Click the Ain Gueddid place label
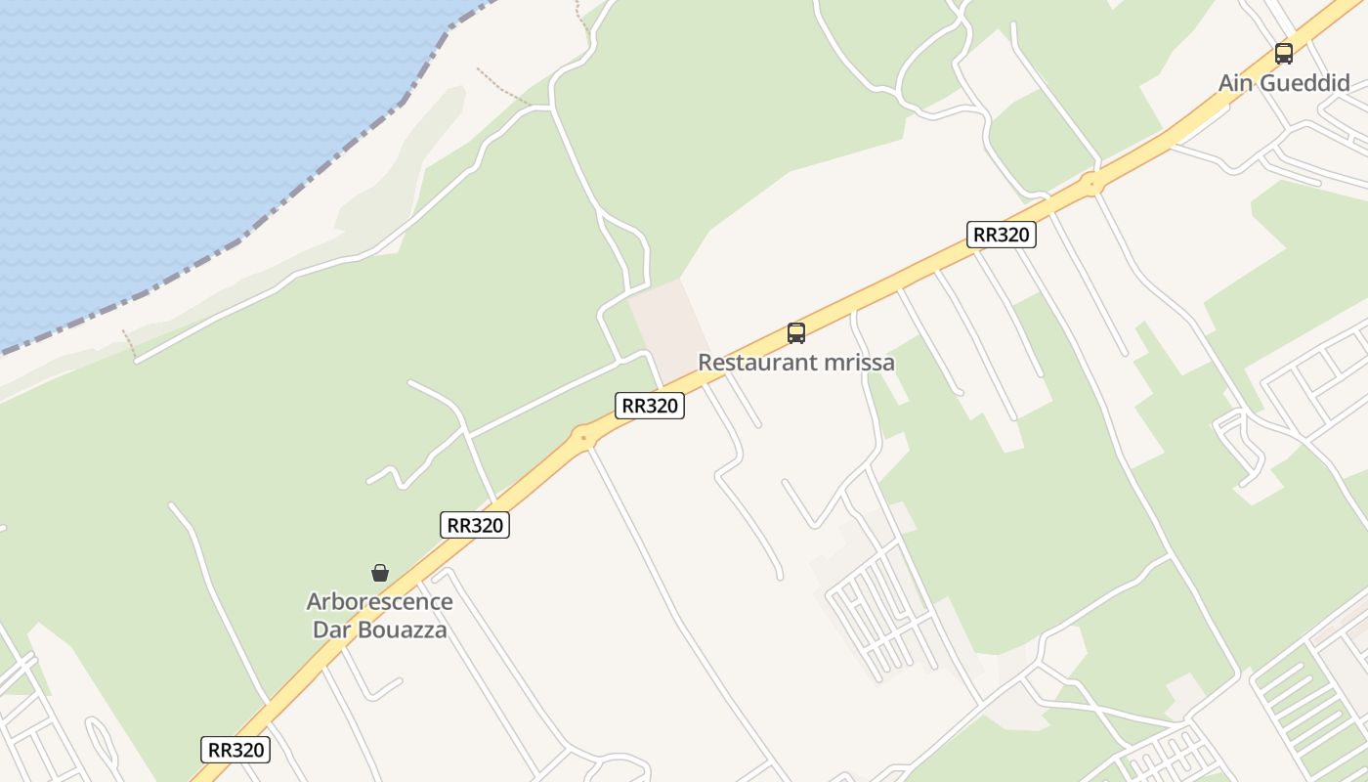1283,83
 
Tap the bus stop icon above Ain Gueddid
1284,54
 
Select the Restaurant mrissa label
795,363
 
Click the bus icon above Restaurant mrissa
796,333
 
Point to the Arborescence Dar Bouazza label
379,615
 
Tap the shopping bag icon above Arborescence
380,573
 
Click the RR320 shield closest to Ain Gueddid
1001,235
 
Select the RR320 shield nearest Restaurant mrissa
650,406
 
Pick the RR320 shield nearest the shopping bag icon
475,525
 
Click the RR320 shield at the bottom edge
235,750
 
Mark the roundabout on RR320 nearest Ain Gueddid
1092,182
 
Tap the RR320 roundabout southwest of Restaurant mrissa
583,436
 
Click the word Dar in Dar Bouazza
331,630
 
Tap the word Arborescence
379,601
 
